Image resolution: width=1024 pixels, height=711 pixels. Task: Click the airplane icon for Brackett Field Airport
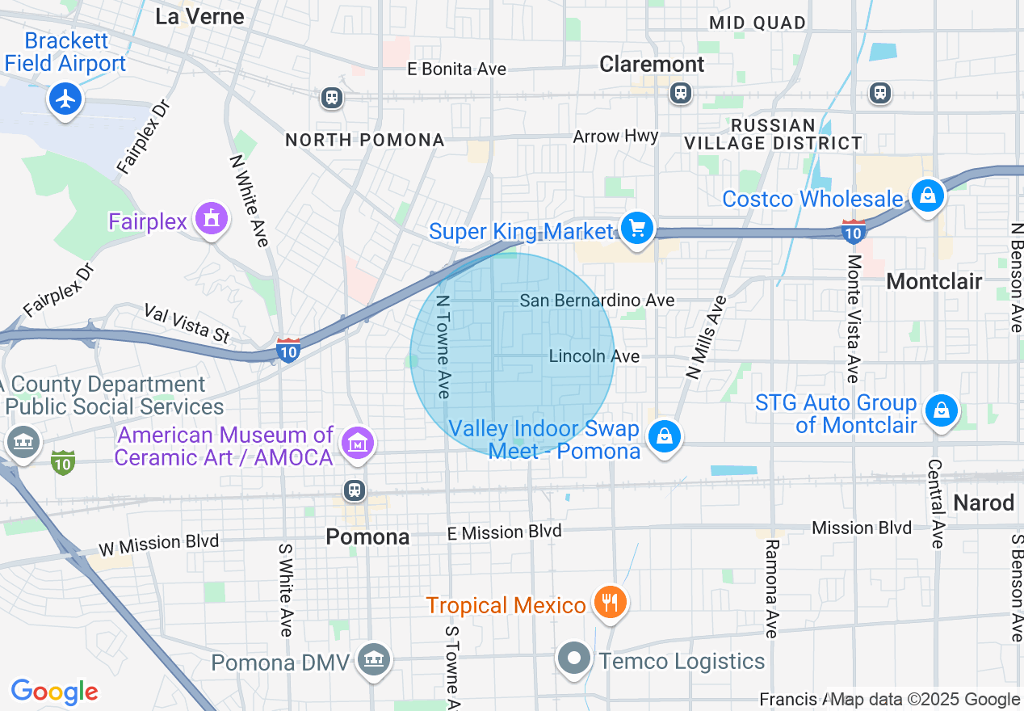65,99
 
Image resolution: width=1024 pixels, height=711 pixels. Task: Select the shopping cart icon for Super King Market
637,229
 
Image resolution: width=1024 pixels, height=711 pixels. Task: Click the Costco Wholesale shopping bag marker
928,195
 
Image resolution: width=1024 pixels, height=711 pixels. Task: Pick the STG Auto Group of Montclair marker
941,410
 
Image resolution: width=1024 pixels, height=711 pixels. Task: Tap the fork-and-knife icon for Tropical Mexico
611,602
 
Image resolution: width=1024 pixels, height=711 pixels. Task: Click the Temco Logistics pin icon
574,658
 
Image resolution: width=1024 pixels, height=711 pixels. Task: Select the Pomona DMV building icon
374,660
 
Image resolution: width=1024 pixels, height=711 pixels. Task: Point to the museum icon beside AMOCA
356,442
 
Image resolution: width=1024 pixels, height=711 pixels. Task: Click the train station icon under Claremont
681,93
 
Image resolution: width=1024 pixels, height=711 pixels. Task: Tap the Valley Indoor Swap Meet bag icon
664,437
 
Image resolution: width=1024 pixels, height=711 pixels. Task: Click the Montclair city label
934,281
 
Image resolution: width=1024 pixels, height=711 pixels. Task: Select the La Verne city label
199,16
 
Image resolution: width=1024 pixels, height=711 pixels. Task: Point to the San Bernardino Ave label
597,301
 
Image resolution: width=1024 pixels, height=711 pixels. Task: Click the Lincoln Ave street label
594,356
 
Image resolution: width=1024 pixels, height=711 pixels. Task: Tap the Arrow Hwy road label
615,137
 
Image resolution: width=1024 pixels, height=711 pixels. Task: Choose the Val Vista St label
187,322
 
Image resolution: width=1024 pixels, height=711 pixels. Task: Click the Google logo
54,692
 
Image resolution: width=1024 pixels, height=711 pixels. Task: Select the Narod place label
984,503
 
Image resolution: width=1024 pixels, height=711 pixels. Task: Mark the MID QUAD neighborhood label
758,23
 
